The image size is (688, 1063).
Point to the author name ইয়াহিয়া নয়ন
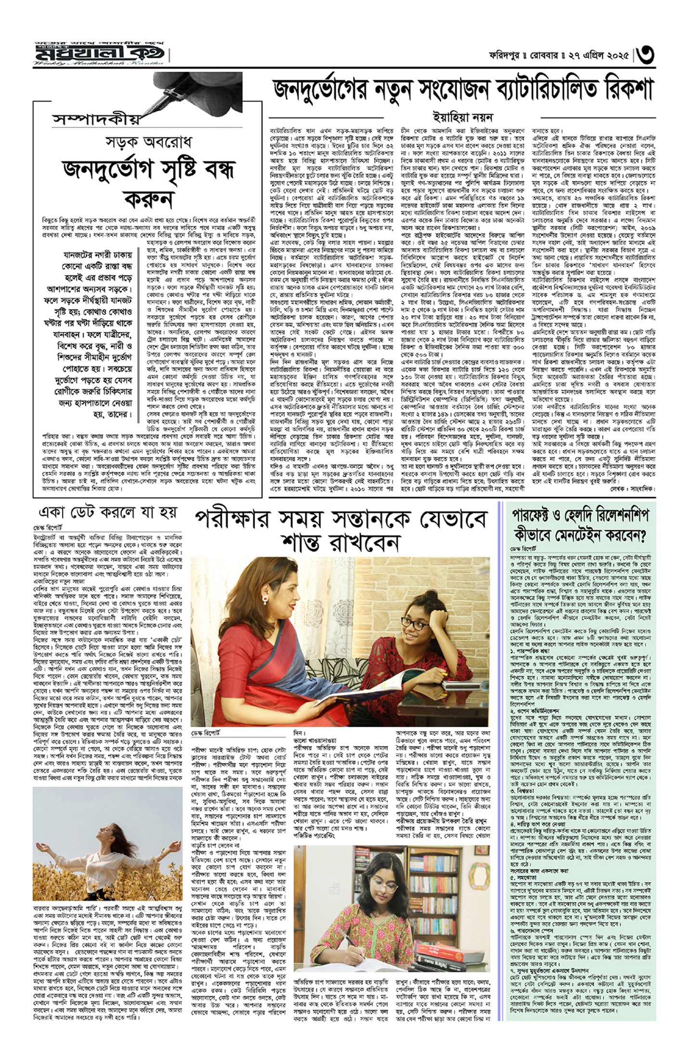coord(462,117)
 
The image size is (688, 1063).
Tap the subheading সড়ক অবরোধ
coord(149,143)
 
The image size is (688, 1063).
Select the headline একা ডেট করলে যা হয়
coord(108,512)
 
